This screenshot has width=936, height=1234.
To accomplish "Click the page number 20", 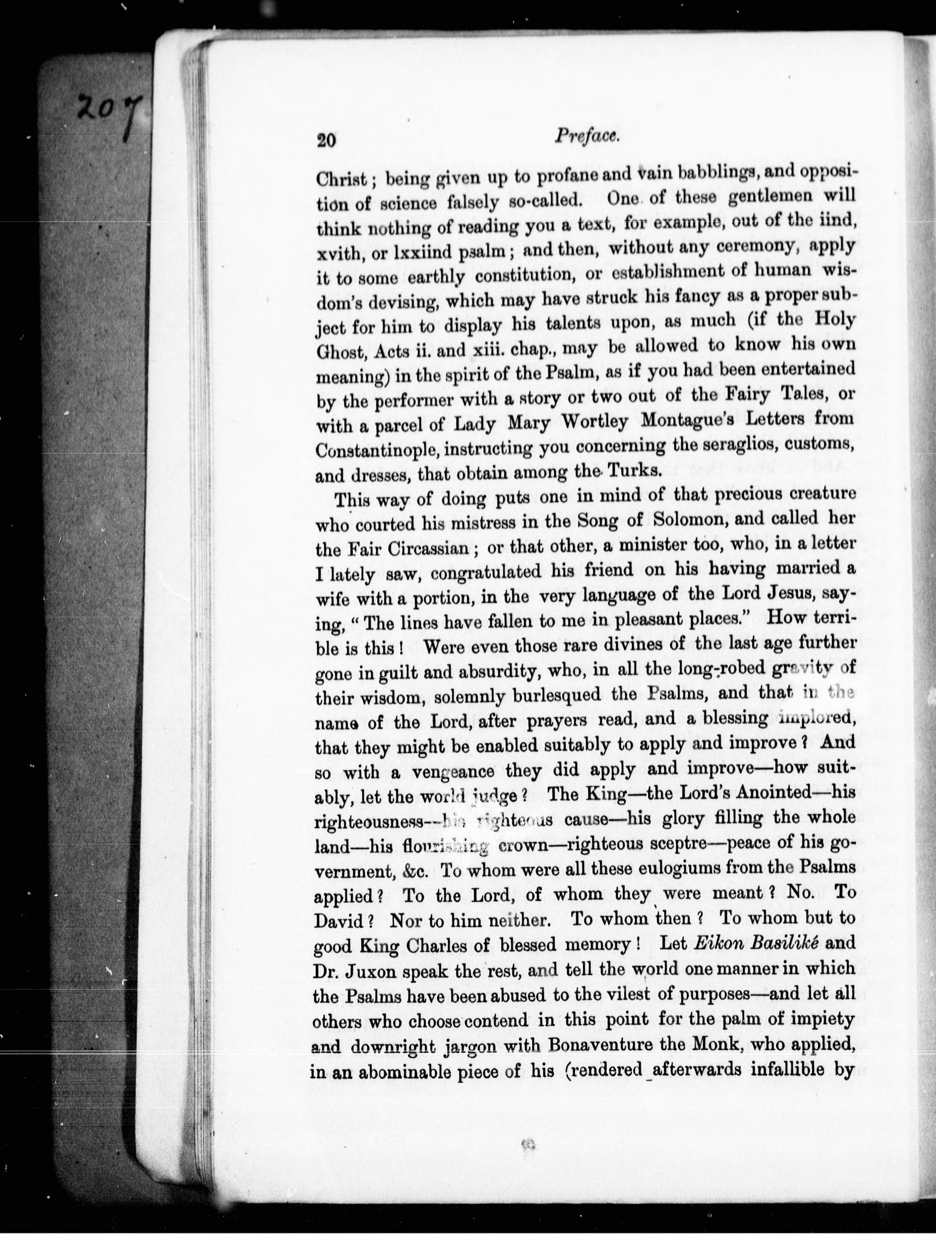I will (x=326, y=141).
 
